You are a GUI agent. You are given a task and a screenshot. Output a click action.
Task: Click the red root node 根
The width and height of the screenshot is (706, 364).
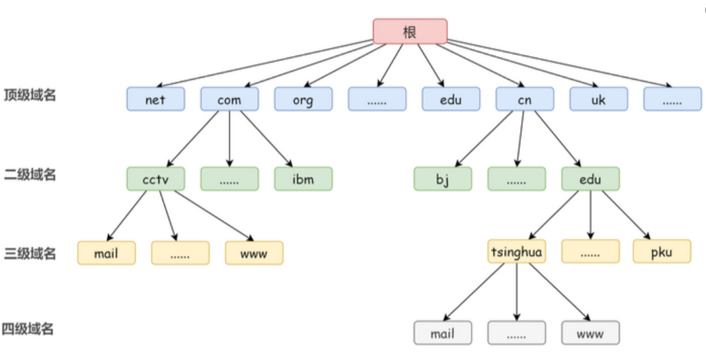pyautogui.click(x=410, y=31)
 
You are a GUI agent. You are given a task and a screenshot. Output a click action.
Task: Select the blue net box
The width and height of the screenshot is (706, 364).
pyautogui.click(x=155, y=99)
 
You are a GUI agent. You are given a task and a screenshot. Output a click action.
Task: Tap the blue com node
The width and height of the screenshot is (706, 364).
pyautogui.click(x=229, y=99)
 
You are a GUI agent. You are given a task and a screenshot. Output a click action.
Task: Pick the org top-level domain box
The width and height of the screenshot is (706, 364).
pyautogui.click(x=303, y=99)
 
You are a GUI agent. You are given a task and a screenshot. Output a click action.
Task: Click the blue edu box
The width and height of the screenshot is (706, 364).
pyautogui.click(x=450, y=99)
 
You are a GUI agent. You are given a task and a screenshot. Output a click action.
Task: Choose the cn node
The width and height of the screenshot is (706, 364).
pyautogui.click(x=524, y=99)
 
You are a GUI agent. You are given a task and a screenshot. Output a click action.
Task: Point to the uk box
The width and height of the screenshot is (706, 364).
pyautogui.click(x=598, y=99)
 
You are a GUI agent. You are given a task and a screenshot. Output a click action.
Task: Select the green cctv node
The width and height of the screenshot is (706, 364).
pyautogui.click(x=155, y=179)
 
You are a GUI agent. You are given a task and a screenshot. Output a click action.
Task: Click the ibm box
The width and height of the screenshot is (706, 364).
pyautogui.click(x=303, y=179)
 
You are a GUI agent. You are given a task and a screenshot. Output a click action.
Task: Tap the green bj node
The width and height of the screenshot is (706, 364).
pyautogui.click(x=442, y=179)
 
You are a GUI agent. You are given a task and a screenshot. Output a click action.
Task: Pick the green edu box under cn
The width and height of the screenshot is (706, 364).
pyautogui.click(x=590, y=179)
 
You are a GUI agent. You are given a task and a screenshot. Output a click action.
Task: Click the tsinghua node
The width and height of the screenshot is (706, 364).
pyautogui.click(x=516, y=252)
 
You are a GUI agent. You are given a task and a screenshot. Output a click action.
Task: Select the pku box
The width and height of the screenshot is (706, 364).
pyautogui.click(x=661, y=252)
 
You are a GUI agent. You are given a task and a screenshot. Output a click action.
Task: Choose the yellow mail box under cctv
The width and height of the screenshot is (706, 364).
pyautogui.click(x=106, y=253)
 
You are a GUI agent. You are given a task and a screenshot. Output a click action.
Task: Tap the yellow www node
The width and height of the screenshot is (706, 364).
pyautogui.click(x=254, y=253)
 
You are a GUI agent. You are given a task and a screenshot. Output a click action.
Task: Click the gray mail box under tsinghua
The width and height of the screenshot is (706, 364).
pyautogui.click(x=442, y=333)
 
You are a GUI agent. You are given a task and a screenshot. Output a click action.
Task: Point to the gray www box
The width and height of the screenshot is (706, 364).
pyautogui.click(x=590, y=333)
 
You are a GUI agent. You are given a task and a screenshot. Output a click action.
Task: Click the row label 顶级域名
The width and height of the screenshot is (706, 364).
pyautogui.click(x=30, y=94)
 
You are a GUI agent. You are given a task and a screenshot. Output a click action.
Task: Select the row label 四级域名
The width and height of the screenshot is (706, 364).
pyautogui.click(x=28, y=329)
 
